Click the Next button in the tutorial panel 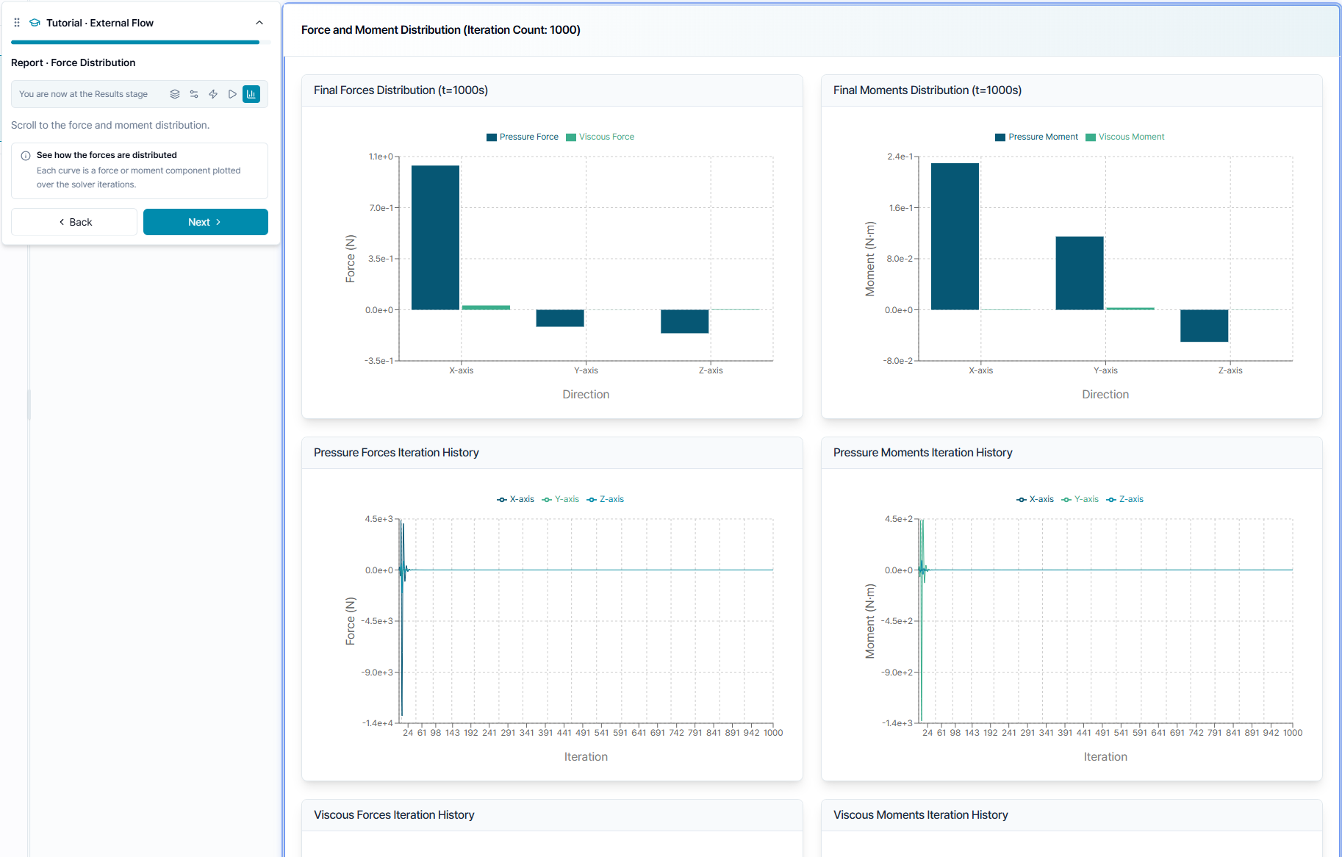pyautogui.click(x=205, y=222)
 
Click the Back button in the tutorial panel pyautogui.click(x=74, y=222)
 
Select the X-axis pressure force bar pyautogui.click(x=435, y=237)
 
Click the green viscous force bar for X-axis pyautogui.click(x=486, y=307)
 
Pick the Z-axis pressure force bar pyautogui.click(x=684, y=321)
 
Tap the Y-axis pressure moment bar pyautogui.click(x=1080, y=273)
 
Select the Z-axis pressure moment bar pyautogui.click(x=1204, y=326)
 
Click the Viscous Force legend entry pyautogui.click(x=600, y=137)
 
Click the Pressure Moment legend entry pyautogui.click(x=1036, y=137)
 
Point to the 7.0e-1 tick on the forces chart pyautogui.click(x=381, y=208)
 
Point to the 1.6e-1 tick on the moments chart pyautogui.click(x=900, y=208)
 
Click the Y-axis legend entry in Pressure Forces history pyautogui.click(x=560, y=499)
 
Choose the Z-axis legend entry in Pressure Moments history pyautogui.click(x=1124, y=499)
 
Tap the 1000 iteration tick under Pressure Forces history pyautogui.click(x=773, y=733)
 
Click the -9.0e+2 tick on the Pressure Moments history pyautogui.click(x=897, y=673)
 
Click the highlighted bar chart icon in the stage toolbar pyautogui.click(x=251, y=94)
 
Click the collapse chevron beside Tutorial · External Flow pyautogui.click(x=259, y=23)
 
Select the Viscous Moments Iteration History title pyautogui.click(x=920, y=815)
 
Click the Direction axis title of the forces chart pyautogui.click(x=586, y=395)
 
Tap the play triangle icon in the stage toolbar pyautogui.click(x=232, y=94)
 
